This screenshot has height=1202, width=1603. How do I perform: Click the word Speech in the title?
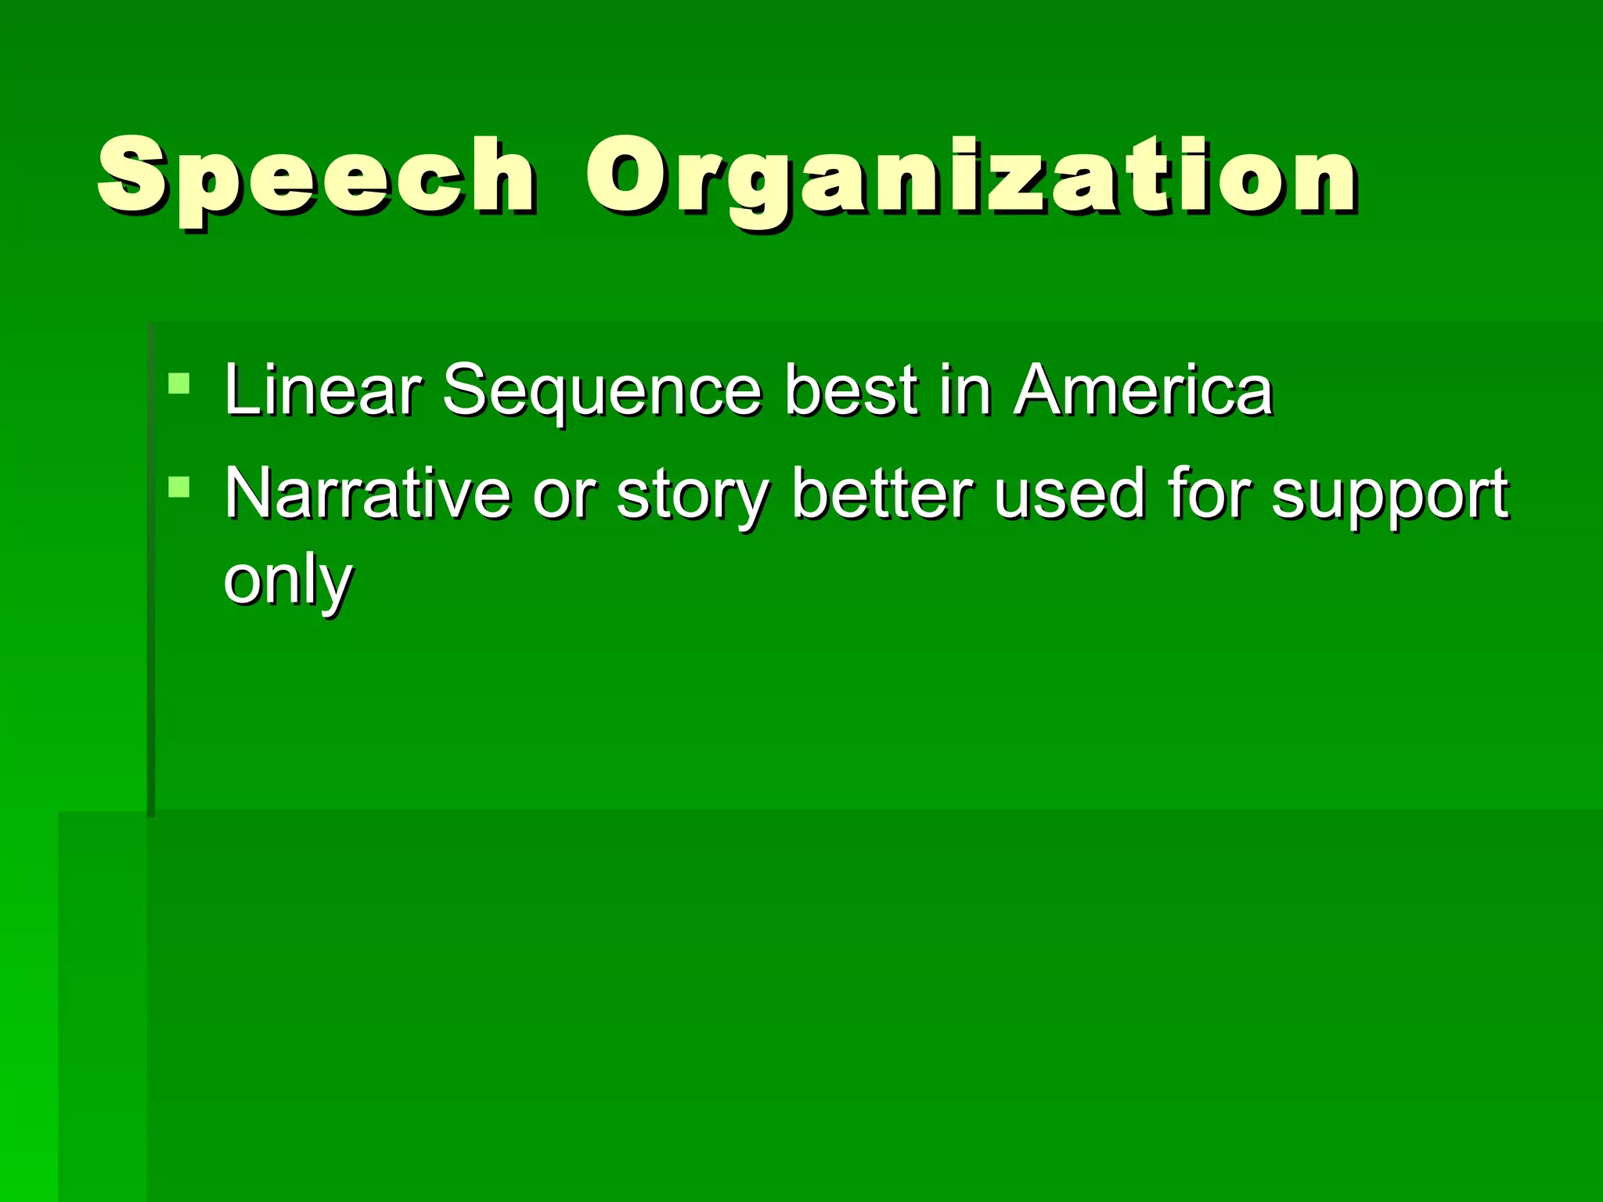point(316,178)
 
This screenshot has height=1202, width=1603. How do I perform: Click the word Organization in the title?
point(971,178)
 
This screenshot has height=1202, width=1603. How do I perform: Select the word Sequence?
point(601,391)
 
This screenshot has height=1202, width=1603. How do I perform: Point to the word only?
point(288,581)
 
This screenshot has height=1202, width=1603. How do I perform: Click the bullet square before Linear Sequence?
point(179,383)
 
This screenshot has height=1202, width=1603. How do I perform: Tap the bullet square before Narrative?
point(179,488)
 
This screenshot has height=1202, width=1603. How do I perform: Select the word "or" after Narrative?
point(564,495)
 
